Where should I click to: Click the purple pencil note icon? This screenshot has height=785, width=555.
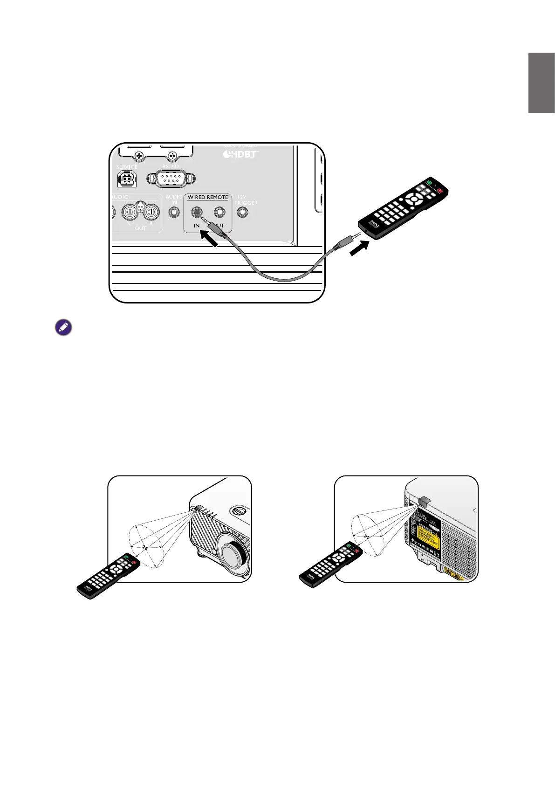[x=63, y=327]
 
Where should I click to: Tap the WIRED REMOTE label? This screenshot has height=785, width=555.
[x=208, y=197]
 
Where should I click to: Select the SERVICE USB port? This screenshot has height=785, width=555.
[x=127, y=178]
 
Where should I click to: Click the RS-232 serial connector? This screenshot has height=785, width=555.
[x=171, y=178]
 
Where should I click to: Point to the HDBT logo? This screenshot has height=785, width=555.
[x=240, y=153]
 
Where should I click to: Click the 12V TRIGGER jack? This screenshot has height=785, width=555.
[x=242, y=213]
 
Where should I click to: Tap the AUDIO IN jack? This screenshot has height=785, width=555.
[x=174, y=213]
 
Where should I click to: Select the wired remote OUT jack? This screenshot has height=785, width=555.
[x=220, y=213]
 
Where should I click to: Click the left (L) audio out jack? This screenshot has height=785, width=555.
[x=130, y=213]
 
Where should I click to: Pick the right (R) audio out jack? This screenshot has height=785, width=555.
[x=151, y=213]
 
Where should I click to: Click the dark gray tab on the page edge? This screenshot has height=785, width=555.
[x=541, y=83]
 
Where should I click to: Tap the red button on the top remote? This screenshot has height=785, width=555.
[x=439, y=190]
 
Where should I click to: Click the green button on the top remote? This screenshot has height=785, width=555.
[x=429, y=182]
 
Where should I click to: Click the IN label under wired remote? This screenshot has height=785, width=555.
[x=197, y=226]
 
